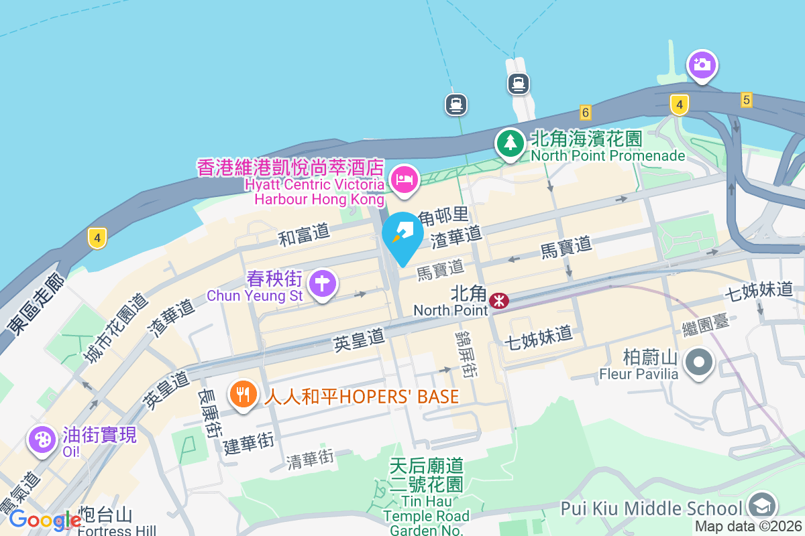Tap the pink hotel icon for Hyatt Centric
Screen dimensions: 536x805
point(405,179)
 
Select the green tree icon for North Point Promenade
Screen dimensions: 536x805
point(511,142)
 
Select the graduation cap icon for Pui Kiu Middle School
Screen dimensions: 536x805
point(761,506)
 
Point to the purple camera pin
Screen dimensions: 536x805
point(702,65)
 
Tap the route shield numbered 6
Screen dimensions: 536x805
point(586,113)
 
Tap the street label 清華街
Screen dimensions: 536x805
point(309,459)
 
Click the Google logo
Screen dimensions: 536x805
point(44,520)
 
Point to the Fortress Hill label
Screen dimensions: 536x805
point(117,531)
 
